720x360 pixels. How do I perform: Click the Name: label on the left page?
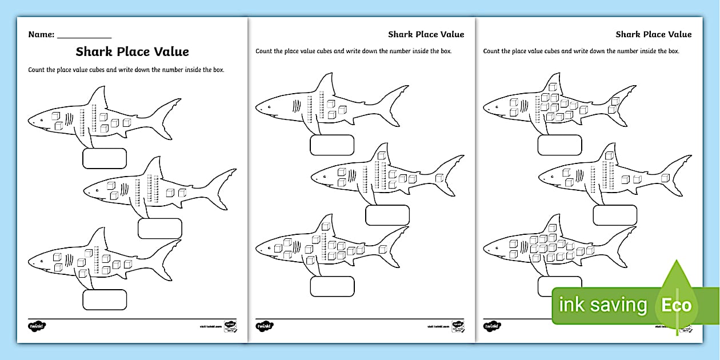point(41,34)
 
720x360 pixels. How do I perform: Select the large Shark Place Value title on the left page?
point(132,51)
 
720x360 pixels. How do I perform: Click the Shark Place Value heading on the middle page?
point(426,34)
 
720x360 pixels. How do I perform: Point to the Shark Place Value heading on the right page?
point(653,34)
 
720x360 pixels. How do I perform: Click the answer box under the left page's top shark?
point(105,158)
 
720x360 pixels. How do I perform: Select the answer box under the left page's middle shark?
point(160,229)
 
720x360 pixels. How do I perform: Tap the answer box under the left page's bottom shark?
point(105,299)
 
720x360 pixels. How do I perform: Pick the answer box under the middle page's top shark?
point(332,145)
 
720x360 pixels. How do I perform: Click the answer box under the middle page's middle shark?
point(387,215)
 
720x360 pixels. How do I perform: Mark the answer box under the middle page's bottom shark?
point(332,286)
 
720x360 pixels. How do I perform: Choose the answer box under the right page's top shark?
point(559,145)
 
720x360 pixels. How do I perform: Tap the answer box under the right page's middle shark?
point(615,215)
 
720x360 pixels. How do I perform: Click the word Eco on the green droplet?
point(677,305)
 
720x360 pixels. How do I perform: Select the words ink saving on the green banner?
point(603,305)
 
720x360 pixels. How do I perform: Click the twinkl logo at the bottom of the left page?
point(37,326)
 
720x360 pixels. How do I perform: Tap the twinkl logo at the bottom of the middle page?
point(265,326)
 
